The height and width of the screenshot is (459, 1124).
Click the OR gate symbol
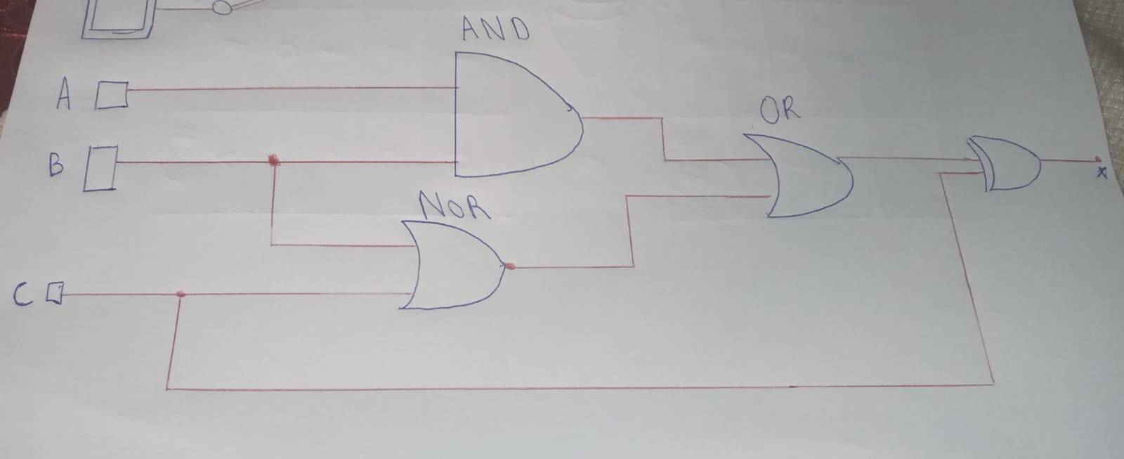tap(808, 176)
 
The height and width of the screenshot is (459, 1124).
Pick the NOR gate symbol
tap(453, 266)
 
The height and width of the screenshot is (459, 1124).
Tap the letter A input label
tap(64, 96)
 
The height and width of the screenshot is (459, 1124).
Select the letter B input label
tap(56, 166)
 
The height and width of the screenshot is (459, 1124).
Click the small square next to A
tap(112, 95)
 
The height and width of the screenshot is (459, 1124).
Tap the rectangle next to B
tap(100, 168)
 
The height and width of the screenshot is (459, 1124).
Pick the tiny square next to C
tap(55, 292)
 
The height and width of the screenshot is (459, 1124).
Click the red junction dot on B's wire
tap(275, 161)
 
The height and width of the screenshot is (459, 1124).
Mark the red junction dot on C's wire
tap(181, 294)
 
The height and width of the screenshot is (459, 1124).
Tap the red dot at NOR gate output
tap(510, 266)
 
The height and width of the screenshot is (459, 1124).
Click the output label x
tap(1101, 173)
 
